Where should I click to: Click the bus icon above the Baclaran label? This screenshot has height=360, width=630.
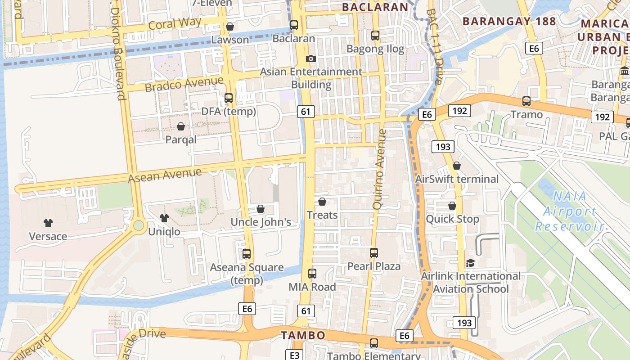tap(294, 25)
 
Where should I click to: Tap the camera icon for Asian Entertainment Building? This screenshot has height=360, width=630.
tap(310, 58)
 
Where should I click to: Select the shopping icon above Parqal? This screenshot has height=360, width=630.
tap(181, 126)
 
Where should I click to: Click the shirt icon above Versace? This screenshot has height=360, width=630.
tap(48, 223)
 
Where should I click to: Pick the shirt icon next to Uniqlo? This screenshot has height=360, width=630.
tap(164, 218)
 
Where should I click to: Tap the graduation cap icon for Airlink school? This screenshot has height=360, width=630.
tap(471, 263)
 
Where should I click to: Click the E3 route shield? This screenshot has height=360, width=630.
tap(294, 355)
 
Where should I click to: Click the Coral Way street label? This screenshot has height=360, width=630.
tap(175, 24)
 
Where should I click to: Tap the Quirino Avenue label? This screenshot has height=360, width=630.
tap(380, 169)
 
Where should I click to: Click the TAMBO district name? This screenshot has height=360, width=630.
tap(303, 335)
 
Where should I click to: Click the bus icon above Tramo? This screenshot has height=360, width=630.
tap(526, 101)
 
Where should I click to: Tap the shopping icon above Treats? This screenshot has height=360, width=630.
tap(322, 202)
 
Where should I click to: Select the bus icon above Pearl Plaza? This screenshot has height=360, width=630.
tap(374, 253)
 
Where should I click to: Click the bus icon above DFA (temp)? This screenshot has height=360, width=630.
tap(229, 98)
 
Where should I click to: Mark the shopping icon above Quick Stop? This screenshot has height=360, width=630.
tap(452, 206)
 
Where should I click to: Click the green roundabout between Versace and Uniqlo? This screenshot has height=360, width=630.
tap(139, 225)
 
